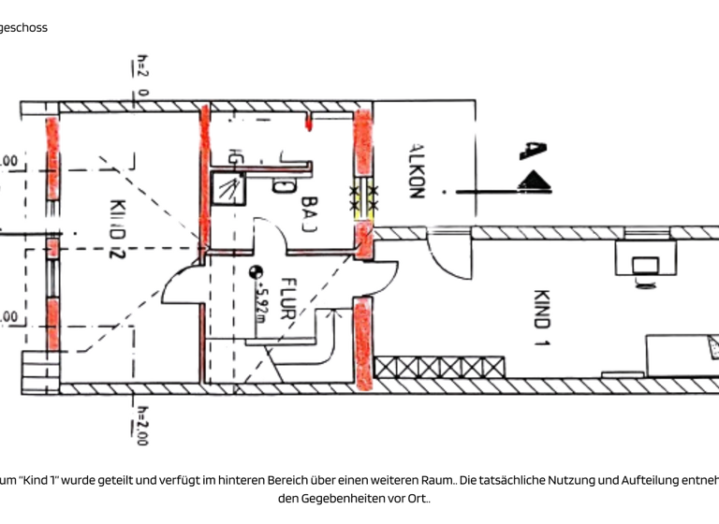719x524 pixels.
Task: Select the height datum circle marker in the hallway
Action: [253, 272]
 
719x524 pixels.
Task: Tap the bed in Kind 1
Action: [682, 355]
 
